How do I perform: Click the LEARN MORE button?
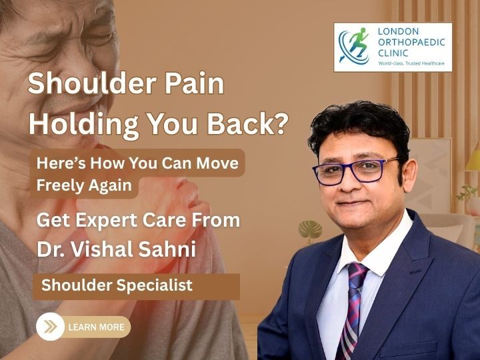tap(95, 327)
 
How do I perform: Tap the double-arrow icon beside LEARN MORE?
tap(50, 327)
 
